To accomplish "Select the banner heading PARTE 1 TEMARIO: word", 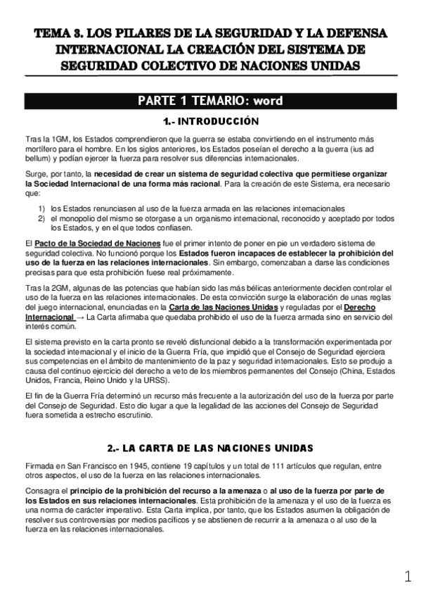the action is click(210, 100).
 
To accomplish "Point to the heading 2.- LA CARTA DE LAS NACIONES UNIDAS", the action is click(210, 447).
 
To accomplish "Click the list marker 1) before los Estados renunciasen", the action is click(42, 208).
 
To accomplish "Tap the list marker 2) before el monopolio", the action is click(42, 218).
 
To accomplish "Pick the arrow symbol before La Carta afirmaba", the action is click(79, 318).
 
